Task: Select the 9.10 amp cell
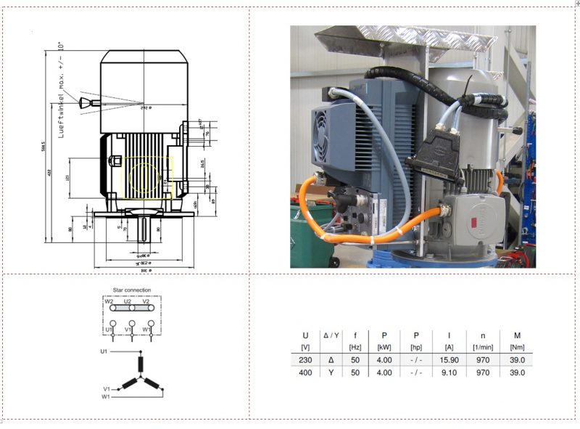click(x=449, y=372)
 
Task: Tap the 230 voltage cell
click(x=305, y=359)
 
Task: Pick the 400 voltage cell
click(x=305, y=372)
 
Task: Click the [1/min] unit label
click(x=482, y=348)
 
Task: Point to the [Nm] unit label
click(x=517, y=348)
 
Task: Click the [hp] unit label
click(x=416, y=348)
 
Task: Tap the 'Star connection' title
click(x=132, y=290)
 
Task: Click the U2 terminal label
click(x=128, y=301)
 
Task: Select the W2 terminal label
click(x=109, y=301)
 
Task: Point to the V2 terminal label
click(x=146, y=301)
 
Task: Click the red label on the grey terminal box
click(x=478, y=221)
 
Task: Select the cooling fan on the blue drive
click(x=321, y=136)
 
